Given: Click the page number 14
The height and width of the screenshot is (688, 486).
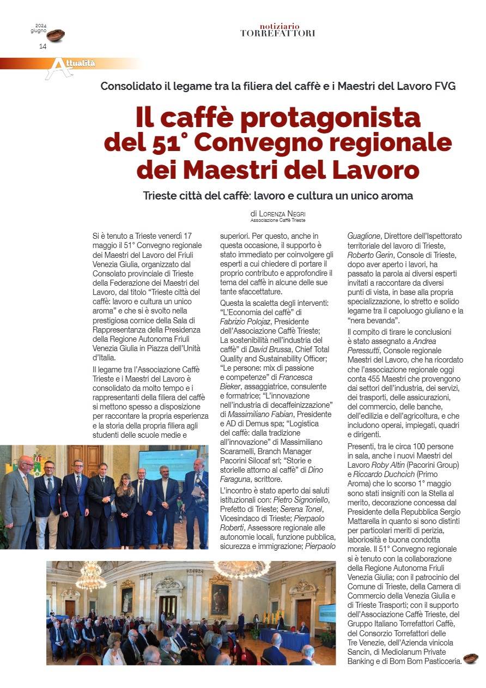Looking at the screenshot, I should point(42,46).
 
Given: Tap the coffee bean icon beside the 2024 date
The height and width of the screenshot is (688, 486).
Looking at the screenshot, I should point(56,35).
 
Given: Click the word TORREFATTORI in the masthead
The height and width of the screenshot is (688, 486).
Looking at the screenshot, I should point(277,33).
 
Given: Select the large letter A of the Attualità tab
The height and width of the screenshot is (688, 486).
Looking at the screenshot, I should point(57,68).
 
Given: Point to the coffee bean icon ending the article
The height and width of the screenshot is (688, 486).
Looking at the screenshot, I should point(470,659).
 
